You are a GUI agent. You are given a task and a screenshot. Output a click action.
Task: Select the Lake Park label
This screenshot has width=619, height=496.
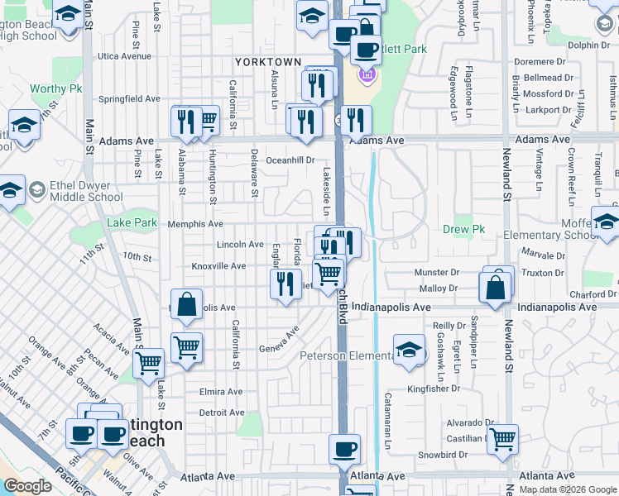click(x=132, y=223)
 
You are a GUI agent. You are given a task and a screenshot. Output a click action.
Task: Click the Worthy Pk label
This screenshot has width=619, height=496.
click(x=52, y=88)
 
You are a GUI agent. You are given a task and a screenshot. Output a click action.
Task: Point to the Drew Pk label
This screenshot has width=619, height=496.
click(x=463, y=229)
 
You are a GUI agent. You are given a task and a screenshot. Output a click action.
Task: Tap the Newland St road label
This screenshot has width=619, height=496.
click(x=507, y=181)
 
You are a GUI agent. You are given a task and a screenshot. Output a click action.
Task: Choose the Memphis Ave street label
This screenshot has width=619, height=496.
click(x=195, y=224)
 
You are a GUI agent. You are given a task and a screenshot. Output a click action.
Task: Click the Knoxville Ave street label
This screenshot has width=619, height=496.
click(x=218, y=266)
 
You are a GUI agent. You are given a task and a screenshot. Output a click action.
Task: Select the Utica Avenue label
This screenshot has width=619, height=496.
click(x=124, y=56)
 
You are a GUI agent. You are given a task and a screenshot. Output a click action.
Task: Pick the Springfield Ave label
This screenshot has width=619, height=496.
click(x=129, y=98)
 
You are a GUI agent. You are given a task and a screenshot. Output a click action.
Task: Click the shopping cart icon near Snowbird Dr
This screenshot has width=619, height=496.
click(x=502, y=440)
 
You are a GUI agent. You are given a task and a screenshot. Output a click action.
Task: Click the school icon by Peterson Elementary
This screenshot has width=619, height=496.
click(x=409, y=350)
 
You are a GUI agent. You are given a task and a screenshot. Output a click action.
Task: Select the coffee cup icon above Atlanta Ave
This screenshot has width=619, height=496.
click(x=344, y=451)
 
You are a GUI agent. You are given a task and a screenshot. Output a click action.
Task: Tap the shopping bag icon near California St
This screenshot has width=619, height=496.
click(x=188, y=303)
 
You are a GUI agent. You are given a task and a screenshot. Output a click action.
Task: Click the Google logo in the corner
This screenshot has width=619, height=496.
click(x=26, y=487)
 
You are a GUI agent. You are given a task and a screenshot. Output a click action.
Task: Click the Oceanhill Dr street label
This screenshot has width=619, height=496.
click(x=290, y=160)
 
